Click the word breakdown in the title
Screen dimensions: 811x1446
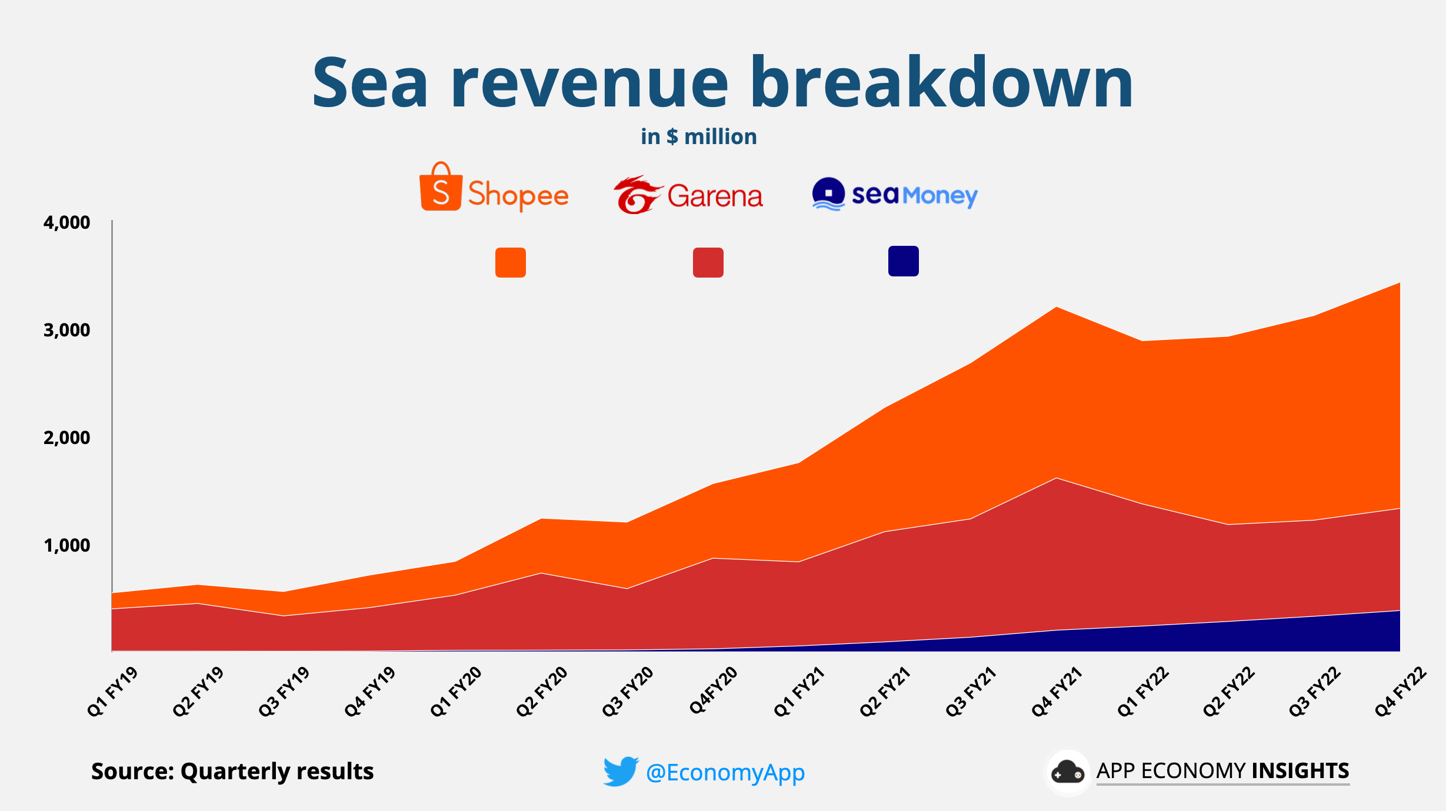point(941,82)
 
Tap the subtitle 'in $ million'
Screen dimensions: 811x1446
point(698,136)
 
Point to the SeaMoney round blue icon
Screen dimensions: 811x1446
point(828,193)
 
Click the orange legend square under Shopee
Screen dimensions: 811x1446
point(510,262)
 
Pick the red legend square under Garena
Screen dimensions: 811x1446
point(708,262)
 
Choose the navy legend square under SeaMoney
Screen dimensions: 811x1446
point(903,261)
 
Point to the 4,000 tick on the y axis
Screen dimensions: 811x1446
point(66,222)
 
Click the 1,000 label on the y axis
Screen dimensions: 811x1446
point(66,545)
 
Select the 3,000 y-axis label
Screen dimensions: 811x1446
point(66,330)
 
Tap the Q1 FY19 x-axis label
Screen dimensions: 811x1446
point(112,692)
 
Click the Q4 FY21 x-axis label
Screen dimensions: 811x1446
point(1057,692)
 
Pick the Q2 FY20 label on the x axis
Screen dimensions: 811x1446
point(542,692)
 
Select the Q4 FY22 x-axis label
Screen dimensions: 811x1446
point(1400,692)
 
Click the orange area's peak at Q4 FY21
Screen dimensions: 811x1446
point(1057,308)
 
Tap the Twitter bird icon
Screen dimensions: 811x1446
point(620,771)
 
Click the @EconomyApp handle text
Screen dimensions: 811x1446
point(725,772)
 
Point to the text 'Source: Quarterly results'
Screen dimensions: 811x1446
point(232,771)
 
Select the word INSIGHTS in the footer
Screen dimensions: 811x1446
point(1300,770)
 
